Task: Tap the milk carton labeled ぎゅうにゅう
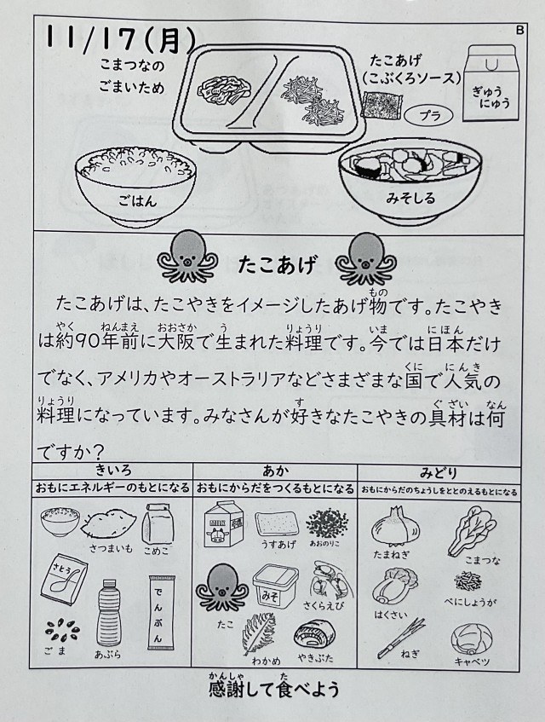(x=490, y=83)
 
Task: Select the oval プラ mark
(x=429, y=115)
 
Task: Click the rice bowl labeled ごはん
(x=136, y=187)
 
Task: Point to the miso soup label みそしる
(x=410, y=199)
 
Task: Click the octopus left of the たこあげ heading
(x=186, y=257)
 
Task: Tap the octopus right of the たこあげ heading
(x=365, y=259)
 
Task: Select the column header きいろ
(x=113, y=471)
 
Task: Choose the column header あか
(x=276, y=471)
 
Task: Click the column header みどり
(x=439, y=472)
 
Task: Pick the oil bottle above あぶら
(x=109, y=612)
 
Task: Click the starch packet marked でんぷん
(x=158, y=612)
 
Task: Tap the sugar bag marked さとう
(x=64, y=581)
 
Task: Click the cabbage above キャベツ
(x=472, y=639)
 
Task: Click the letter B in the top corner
(x=520, y=31)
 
